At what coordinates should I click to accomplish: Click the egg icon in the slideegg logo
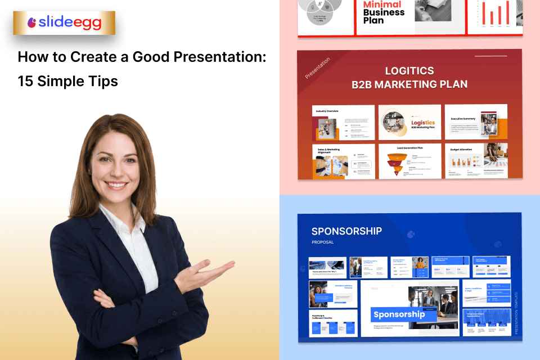[x=33, y=23]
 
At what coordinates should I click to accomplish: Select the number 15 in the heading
[x=25, y=81]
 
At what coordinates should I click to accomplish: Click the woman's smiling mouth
[x=118, y=184]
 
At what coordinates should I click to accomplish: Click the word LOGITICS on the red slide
[x=409, y=71]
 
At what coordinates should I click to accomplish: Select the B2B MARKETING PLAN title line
[x=409, y=85]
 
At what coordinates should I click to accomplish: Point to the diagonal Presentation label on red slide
[x=318, y=68]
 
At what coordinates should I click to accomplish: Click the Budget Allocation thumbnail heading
[x=462, y=150]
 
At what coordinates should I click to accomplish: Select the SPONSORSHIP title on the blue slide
[x=346, y=231]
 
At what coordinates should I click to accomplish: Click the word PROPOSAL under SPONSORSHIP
[x=323, y=242]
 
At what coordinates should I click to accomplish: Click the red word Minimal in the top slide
[x=382, y=4]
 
